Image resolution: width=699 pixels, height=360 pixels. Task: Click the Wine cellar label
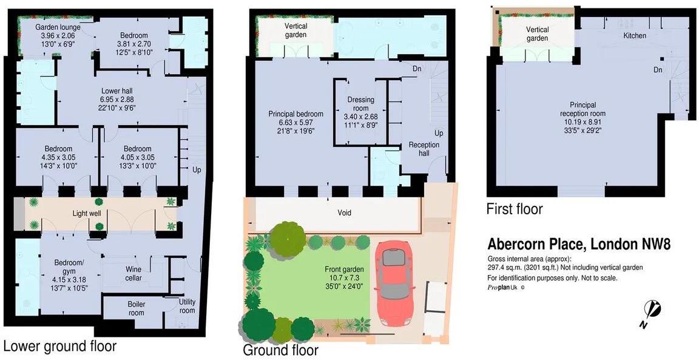pyautogui.click(x=133, y=274)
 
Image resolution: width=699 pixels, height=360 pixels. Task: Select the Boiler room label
pyautogui.click(x=136, y=308)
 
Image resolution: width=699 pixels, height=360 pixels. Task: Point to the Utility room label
pyautogui.click(x=187, y=306)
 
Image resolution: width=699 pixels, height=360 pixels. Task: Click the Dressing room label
pyautogui.click(x=360, y=104)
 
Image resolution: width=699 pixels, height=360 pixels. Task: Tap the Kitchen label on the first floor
pyautogui.click(x=635, y=36)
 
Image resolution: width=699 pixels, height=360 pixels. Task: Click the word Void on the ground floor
pyautogui.click(x=344, y=212)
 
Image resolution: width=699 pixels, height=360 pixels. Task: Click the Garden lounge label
pyautogui.click(x=58, y=27)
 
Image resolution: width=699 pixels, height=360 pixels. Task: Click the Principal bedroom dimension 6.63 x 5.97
pyautogui.click(x=295, y=122)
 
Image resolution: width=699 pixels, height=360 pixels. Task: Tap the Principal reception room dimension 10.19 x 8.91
pyautogui.click(x=582, y=122)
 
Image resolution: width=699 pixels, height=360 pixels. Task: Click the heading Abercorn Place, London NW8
pyautogui.click(x=579, y=245)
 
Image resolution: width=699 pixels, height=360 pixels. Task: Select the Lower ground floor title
pyautogui.click(x=59, y=346)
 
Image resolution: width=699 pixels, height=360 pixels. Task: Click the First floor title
pyautogui.click(x=515, y=209)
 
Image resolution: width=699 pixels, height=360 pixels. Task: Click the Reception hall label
pyautogui.click(x=424, y=149)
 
